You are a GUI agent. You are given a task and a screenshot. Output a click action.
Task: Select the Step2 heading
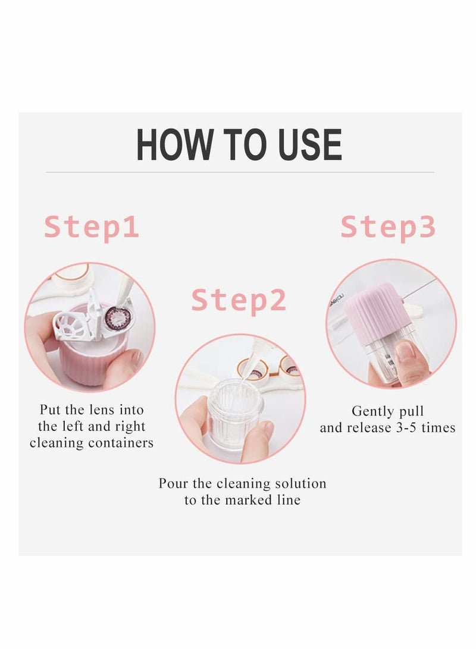239,301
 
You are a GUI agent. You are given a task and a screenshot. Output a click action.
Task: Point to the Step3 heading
388,228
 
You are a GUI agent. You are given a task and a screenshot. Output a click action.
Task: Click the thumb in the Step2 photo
258,441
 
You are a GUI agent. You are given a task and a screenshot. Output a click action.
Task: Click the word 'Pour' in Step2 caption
174,483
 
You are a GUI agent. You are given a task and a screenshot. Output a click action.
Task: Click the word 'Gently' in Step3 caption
369,411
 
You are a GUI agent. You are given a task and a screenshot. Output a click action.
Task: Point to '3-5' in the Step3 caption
406,427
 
